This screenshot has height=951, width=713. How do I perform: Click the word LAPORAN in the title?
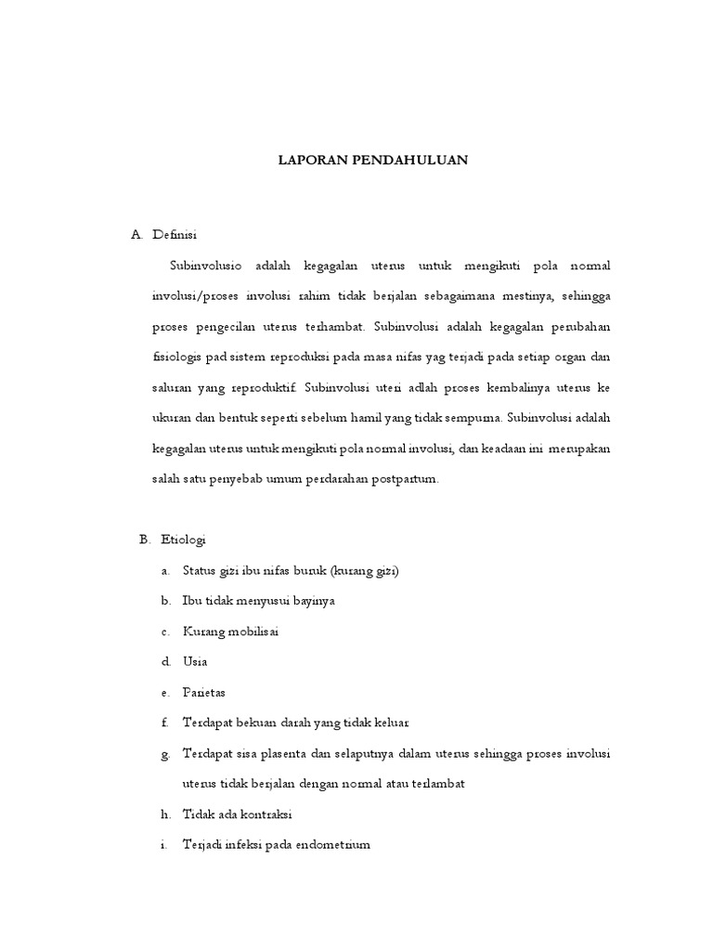pos(312,160)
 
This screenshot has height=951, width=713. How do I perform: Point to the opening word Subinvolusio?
pos(206,266)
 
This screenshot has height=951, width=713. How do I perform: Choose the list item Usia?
pos(195,661)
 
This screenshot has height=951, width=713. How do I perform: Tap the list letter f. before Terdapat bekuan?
pos(164,723)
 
